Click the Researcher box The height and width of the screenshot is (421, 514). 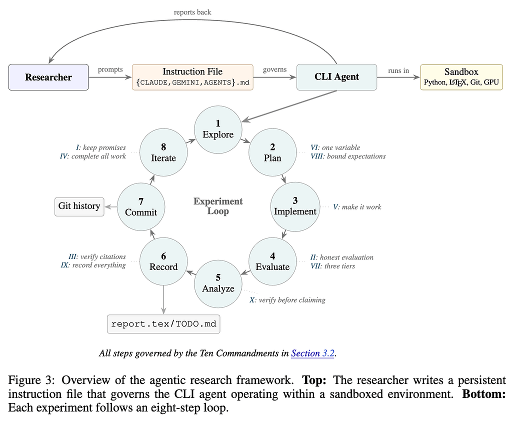pyautogui.click(x=48, y=77)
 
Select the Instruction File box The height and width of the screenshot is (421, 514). pyautogui.click(x=192, y=77)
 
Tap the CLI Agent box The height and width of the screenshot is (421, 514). pyautogui.click(x=336, y=77)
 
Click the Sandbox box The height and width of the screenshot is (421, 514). pyautogui.click(x=461, y=77)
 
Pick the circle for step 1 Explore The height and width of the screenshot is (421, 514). pyautogui.click(x=218, y=129)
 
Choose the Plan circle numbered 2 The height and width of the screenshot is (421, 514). pyautogui.click(x=272, y=152)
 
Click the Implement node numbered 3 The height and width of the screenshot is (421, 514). pyautogui.click(x=295, y=206)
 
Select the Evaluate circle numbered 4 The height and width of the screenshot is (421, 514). pyautogui.click(x=272, y=261)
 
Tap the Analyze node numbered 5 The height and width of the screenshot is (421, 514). pyautogui.click(x=218, y=283)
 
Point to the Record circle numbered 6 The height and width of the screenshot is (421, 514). pyautogui.click(x=163, y=261)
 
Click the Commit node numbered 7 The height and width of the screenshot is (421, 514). pyautogui.click(x=141, y=206)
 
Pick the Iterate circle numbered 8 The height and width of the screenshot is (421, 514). pyautogui.click(x=163, y=152)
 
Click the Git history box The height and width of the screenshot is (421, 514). pyautogui.click(x=79, y=206)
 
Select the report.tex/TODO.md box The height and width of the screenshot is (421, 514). pyautogui.click(x=163, y=324)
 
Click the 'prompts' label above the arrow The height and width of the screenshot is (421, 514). pyautogui.click(x=110, y=69)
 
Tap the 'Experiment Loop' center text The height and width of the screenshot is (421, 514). pyautogui.click(x=218, y=206)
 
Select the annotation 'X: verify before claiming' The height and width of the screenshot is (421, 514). pyautogui.click(x=287, y=300)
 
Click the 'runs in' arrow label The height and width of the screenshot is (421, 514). pyautogui.click(x=398, y=70)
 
